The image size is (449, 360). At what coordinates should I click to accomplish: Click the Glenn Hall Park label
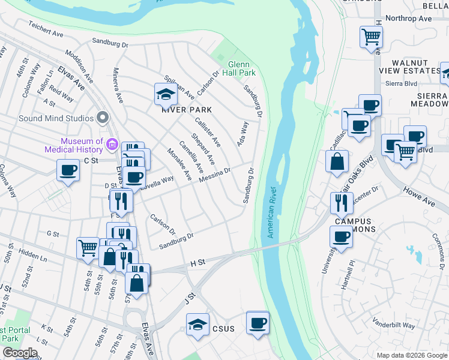[242, 68]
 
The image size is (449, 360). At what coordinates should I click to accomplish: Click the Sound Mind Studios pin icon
[102, 118]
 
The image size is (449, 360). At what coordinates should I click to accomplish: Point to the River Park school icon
[166, 94]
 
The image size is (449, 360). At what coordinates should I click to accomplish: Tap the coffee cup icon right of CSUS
[258, 323]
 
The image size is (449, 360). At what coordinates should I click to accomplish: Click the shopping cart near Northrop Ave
[372, 37]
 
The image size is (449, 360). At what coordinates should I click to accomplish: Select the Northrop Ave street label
[409, 19]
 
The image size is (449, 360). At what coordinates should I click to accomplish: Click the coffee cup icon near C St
[68, 170]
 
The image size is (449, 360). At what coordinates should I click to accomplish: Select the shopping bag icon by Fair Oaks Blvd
[337, 161]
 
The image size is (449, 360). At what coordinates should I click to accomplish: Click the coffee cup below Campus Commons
[341, 237]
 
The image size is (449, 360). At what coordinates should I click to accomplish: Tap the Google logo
[19, 353]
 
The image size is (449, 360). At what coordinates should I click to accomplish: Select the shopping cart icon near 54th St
[88, 247]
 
